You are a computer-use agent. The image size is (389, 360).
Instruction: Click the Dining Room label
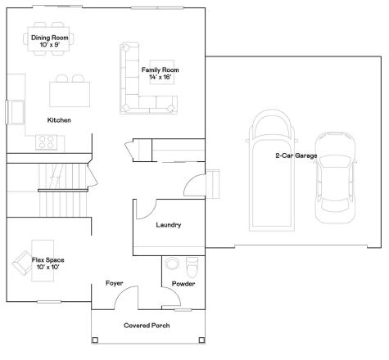(x=49, y=38)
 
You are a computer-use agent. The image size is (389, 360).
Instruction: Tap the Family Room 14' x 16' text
(x=161, y=74)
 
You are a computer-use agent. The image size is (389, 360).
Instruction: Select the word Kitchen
(x=59, y=120)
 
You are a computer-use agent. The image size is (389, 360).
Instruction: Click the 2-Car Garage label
(x=296, y=155)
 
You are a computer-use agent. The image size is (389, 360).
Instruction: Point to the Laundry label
(x=169, y=225)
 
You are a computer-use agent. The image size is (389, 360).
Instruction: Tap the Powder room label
(x=183, y=284)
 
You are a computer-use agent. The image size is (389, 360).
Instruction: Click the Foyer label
(x=114, y=283)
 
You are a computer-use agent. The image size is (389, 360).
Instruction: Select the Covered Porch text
(x=147, y=326)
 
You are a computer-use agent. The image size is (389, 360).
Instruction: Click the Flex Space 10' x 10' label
(x=48, y=263)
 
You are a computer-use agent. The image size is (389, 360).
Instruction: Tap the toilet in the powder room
(x=192, y=267)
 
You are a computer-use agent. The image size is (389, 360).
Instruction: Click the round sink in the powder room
(x=172, y=263)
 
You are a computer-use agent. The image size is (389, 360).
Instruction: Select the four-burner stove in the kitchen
(x=47, y=142)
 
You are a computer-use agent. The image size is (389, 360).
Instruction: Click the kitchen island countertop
(x=70, y=94)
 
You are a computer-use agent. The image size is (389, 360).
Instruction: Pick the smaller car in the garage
(x=336, y=178)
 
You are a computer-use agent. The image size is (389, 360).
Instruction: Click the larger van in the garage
(x=272, y=170)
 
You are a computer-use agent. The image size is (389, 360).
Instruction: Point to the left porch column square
(x=95, y=340)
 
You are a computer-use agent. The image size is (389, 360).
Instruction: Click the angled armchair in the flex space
(x=22, y=263)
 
